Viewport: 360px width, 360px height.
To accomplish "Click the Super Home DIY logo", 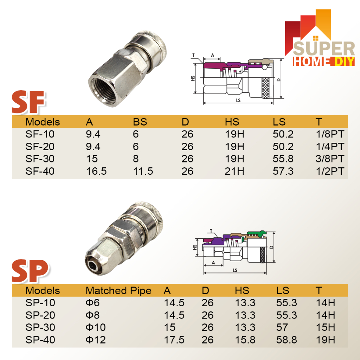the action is click(320, 38).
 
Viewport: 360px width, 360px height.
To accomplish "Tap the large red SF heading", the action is click(28, 102).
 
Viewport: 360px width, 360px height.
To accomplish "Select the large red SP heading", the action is click(30, 271).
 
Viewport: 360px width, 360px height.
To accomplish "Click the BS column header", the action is click(140, 122).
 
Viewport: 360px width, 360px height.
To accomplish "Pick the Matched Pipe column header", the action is click(118, 291).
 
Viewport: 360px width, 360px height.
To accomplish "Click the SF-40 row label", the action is click(40, 171).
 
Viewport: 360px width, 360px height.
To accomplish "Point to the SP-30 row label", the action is click(40, 327).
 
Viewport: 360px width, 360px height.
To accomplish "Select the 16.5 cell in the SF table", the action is click(96, 171).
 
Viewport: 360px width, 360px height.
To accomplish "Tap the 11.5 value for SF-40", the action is click(143, 171).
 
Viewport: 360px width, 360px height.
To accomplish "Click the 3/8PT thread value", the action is click(330, 159).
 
